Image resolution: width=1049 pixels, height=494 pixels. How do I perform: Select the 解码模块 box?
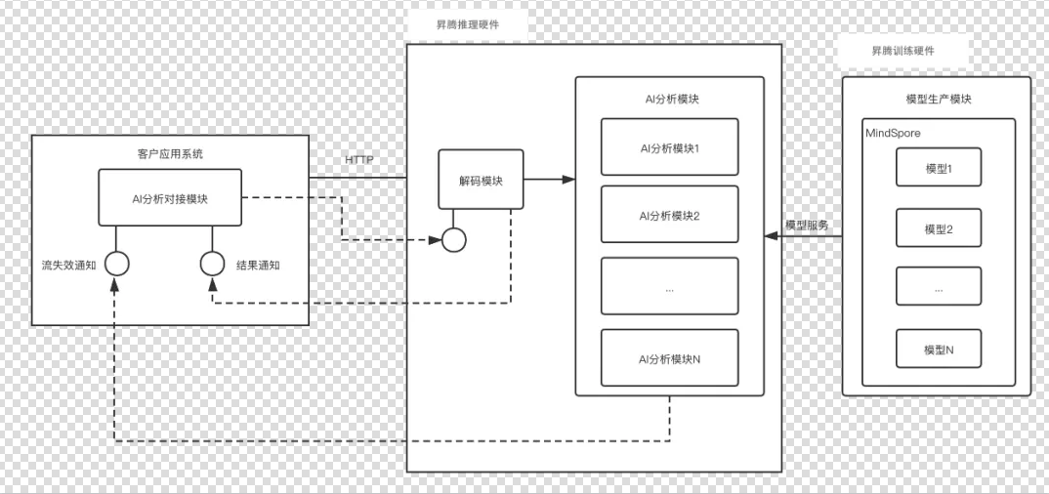pos(480,179)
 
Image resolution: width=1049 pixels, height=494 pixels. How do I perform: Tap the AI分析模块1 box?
pos(669,148)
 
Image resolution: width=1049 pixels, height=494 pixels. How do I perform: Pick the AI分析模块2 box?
pos(669,215)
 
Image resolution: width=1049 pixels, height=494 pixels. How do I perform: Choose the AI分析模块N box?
pos(669,358)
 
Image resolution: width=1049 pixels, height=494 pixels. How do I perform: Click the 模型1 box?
pos(938,169)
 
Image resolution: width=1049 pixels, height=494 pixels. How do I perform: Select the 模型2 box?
pos(938,228)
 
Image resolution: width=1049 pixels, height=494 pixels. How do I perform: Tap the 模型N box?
pos(938,349)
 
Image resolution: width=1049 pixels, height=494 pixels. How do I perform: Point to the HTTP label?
pos(358,160)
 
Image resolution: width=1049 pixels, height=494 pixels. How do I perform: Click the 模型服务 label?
pos(807,225)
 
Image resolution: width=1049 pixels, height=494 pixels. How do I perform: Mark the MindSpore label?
pos(893,131)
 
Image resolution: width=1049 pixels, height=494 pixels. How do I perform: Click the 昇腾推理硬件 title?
pos(467,23)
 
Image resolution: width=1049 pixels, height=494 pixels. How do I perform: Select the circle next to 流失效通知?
pos(117,264)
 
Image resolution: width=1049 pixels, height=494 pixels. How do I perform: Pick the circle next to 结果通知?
pos(212,264)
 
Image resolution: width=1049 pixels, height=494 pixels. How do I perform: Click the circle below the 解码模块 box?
pos(453,239)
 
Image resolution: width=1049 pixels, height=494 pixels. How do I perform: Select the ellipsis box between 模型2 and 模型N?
pos(938,289)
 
